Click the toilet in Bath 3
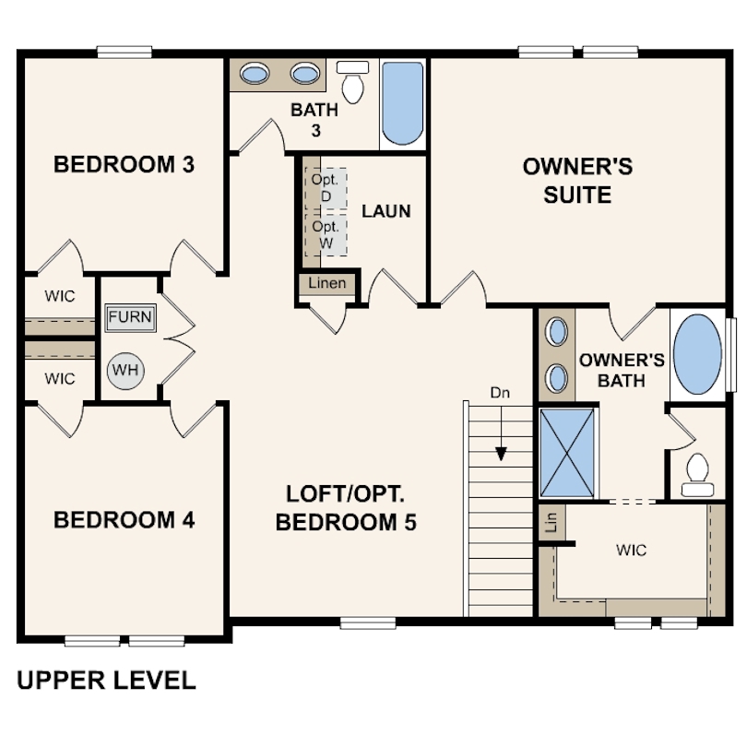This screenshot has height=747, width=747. pyautogui.click(x=352, y=81)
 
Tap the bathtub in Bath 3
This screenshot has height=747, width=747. pyautogui.click(x=403, y=103)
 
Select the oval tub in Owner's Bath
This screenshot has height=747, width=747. pyautogui.click(x=698, y=354)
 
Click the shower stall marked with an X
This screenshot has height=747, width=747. pyautogui.click(x=567, y=453)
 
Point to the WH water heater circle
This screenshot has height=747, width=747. pyautogui.click(x=125, y=371)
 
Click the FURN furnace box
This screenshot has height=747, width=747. pyautogui.click(x=130, y=318)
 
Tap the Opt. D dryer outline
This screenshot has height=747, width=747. pyautogui.click(x=326, y=188)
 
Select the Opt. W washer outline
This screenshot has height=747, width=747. pyautogui.click(x=326, y=235)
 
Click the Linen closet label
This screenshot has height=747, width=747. pyautogui.click(x=326, y=283)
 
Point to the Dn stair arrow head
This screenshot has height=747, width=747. pyautogui.click(x=501, y=454)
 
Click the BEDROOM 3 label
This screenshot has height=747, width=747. pyautogui.click(x=124, y=165)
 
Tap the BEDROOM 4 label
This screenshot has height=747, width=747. pyautogui.click(x=124, y=520)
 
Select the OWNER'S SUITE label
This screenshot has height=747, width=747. pyautogui.click(x=578, y=181)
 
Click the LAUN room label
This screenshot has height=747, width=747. pyautogui.click(x=385, y=211)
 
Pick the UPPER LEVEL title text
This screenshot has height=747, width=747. pyautogui.click(x=106, y=681)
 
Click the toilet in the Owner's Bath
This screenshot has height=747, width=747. pyautogui.click(x=697, y=475)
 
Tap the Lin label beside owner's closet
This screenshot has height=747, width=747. pyautogui.click(x=552, y=522)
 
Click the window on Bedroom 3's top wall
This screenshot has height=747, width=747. pyautogui.click(x=125, y=52)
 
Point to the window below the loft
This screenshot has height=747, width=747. pyautogui.click(x=368, y=622)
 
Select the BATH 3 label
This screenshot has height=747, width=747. pyautogui.click(x=314, y=120)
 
